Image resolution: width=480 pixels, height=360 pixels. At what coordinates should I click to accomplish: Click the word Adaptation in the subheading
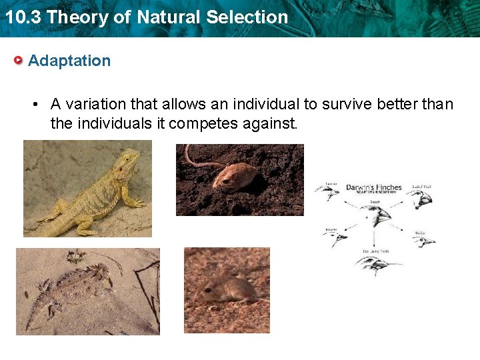(69, 61)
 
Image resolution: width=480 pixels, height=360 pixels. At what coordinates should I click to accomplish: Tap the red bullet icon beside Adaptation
(19, 61)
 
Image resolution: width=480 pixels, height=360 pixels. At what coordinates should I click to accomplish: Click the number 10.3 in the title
(23, 17)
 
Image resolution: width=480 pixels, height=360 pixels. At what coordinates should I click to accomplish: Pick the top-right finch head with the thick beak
(420, 198)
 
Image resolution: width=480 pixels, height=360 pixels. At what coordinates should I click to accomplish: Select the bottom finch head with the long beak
(376, 265)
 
